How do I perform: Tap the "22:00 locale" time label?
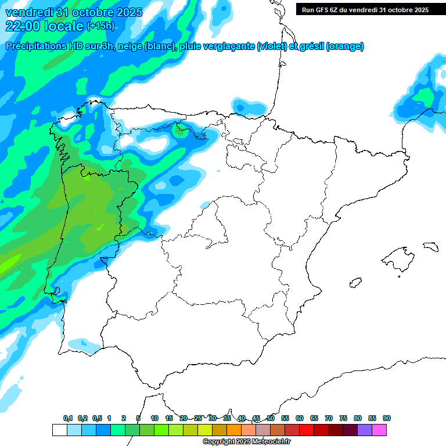(44, 26)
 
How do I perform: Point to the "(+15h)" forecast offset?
(100, 26)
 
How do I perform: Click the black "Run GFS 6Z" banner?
(365, 9)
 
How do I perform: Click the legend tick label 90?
(387, 418)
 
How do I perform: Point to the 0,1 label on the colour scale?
(68, 418)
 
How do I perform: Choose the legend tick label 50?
(271, 418)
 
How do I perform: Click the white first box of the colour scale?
(59, 430)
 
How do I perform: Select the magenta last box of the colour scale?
(379, 430)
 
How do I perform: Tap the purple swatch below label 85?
(365, 430)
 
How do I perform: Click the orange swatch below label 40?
(233, 430)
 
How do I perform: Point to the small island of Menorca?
(430, 246)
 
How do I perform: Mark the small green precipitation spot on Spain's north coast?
(181, 130)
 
